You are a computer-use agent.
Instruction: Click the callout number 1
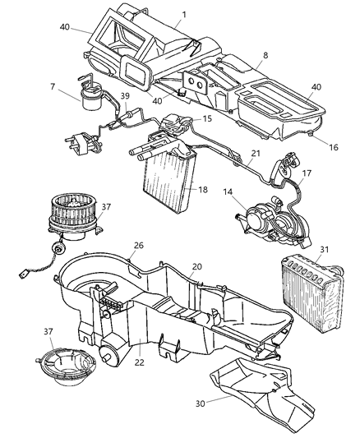(x=184, y=14)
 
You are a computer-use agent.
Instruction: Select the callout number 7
(x=52, y=86)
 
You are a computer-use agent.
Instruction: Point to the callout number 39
(x=125, y=96)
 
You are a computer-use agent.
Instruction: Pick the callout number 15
(x=208, y=119)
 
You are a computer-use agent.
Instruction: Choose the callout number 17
(x=307, y=173)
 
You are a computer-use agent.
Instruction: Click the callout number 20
(x=196, y=266)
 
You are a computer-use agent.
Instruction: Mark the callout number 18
(x=202, y=190)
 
